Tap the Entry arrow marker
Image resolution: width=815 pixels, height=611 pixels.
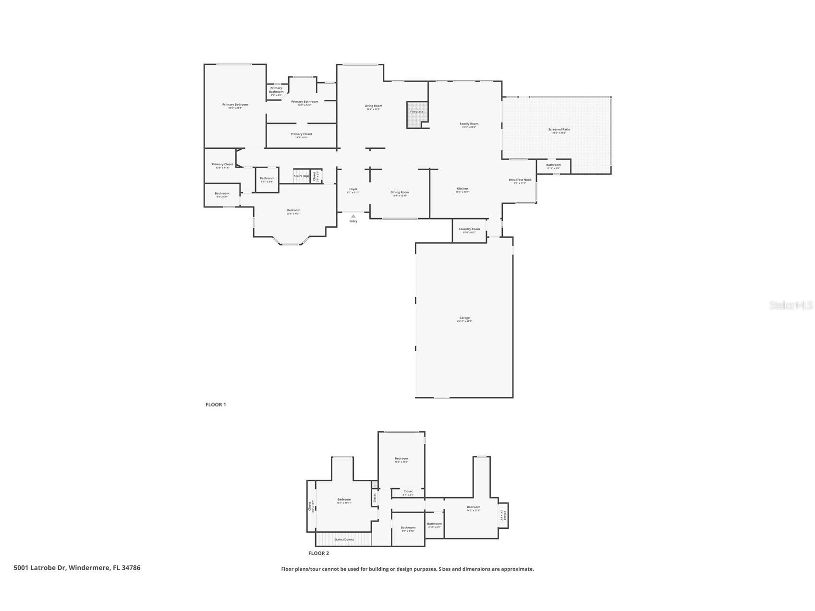(353, 216)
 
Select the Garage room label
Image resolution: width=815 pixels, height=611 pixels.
(464, 318)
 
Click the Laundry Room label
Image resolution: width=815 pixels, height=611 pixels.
(469, 230)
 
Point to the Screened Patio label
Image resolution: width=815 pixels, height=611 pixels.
(559, 130)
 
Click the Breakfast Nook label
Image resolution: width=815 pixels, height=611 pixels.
(520, 180)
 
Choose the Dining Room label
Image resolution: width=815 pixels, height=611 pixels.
(400, 193)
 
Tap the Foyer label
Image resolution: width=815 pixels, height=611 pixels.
(353, 190)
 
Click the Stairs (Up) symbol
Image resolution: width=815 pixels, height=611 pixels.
(302, 176)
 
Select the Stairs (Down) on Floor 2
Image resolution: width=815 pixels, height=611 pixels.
(344, 539)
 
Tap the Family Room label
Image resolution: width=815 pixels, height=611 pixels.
(469, 124)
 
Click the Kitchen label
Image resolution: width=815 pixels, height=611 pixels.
(462, 189)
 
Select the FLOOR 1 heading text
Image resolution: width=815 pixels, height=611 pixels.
(216, 404)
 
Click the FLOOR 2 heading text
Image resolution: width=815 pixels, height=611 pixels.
(318, 553)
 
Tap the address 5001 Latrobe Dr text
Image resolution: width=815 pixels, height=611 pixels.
(77, 568)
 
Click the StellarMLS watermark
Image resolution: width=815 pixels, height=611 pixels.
(791, 305)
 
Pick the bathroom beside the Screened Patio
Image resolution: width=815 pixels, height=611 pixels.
(553, 166)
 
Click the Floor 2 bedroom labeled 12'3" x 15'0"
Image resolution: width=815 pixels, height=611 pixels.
(401, 459)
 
